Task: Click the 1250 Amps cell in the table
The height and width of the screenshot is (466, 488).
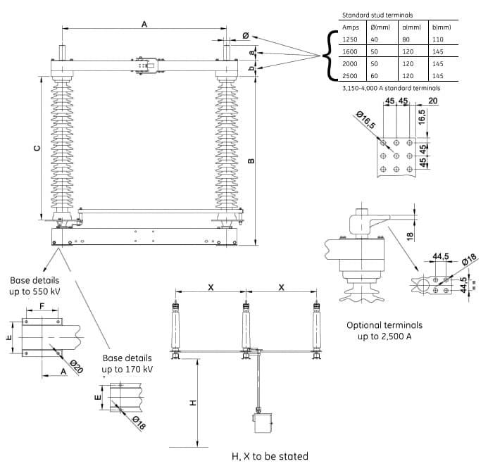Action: click(x=349, y=39)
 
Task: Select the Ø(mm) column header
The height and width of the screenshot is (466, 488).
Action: click(x=380, y=27)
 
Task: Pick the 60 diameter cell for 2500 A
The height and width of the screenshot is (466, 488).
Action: click(x=374, y=76)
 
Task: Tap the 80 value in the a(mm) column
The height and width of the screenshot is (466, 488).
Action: click(x=406, y=39)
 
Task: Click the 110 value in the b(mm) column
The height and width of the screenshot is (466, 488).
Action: click(x=437, y=39)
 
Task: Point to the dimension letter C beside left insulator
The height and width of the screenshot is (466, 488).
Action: click(x=37, y=148)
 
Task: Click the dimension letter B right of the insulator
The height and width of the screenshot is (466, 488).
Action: click(x=251, y=160)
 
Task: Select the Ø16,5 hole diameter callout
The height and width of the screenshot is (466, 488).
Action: click(x=366, y=120)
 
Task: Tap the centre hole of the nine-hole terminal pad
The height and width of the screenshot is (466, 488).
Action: click(x=396, y=156)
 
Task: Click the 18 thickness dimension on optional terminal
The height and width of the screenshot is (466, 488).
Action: click(x=411, y=236)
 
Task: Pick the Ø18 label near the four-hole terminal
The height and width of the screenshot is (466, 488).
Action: click(x=469, y=260)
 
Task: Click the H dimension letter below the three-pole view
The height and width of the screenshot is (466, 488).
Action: click(x=193, y=403)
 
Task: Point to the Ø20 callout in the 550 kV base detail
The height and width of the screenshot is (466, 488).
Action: click(x=76, y=367)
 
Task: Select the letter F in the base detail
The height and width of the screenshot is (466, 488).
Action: click(x=42, y=306)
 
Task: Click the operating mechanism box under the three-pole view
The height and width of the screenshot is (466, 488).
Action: click(x=263, y=422)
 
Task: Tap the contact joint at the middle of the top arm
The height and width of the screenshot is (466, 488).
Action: click(x=146, y=65)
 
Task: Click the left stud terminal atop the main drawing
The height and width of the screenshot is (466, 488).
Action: click(x=62, y=53)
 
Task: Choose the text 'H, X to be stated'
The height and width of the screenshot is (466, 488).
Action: click(x=270, y=456)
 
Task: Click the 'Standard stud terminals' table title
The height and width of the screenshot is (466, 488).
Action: click(x=377, y=15)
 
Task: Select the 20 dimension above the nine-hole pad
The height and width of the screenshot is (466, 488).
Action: click(x=432, y=101)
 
